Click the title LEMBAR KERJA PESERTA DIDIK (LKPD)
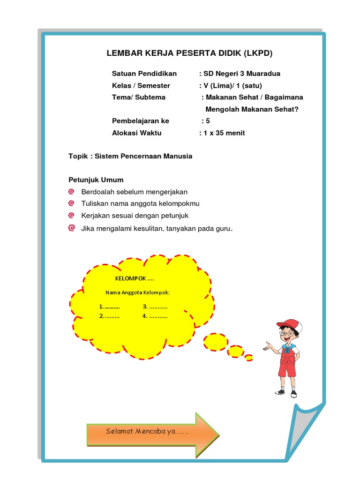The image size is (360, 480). click(189, 53)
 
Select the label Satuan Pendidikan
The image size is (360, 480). click(144, 74)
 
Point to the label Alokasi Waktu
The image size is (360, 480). click(136, 133)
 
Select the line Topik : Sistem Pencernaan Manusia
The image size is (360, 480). click(130, 156)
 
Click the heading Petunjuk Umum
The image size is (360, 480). click(96, 180)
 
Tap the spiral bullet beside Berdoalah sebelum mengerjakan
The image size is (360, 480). click(71, 192)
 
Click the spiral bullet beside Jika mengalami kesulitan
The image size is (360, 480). click(71, 228)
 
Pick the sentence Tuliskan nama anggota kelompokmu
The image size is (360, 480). click(140, 203)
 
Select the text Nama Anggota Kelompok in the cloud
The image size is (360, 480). click(137, 292)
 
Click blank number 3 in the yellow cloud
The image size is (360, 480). click(155, 307)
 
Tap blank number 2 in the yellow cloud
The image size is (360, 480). click(109, 316)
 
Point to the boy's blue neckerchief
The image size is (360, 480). click(286, 348)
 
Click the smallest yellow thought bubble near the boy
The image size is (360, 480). click(249, 358)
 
